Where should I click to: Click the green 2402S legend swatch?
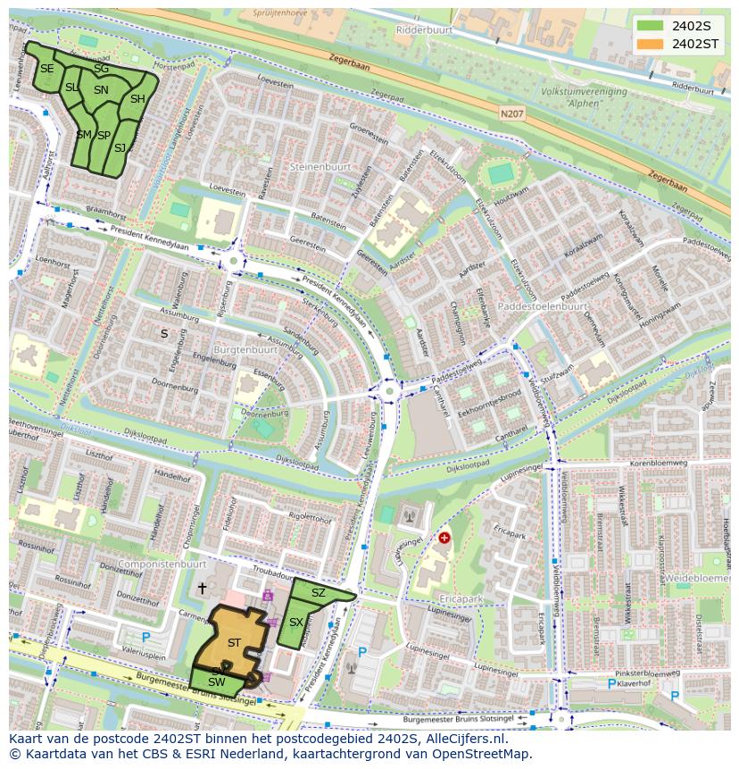[651, 26]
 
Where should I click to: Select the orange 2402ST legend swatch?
[651, 43]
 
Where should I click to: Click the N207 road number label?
[511, 113]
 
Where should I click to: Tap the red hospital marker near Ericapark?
[444, 538]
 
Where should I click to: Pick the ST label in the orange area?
[234, 642]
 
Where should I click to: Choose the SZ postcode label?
[319, 592]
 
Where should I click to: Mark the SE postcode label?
[46, 69]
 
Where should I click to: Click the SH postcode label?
[137, 99]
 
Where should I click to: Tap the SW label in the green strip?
[216, 682]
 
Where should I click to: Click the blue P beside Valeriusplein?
[145, 638]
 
